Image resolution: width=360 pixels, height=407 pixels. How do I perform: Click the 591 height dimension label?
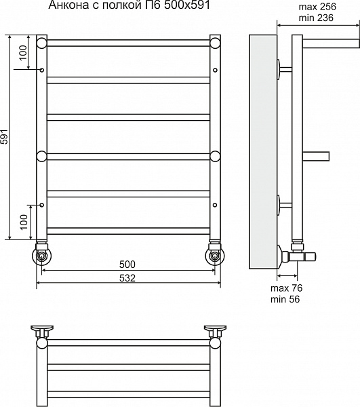pos(5,136)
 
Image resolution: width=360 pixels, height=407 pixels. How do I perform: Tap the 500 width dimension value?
pos(127,265)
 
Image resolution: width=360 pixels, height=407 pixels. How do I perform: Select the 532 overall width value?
pos(127,278)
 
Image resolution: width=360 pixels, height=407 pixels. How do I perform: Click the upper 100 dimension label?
pos(23,52)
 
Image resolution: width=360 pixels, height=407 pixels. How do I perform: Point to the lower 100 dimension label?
pos(24,222)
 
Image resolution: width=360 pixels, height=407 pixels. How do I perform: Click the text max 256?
pos(317,7)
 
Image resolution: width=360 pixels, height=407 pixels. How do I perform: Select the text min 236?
pos(316,18)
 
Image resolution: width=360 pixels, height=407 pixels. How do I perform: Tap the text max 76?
pos(286,288)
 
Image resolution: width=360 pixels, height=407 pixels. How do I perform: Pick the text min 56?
pos(285,299)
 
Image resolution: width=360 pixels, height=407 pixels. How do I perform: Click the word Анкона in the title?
pos(68,5)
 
